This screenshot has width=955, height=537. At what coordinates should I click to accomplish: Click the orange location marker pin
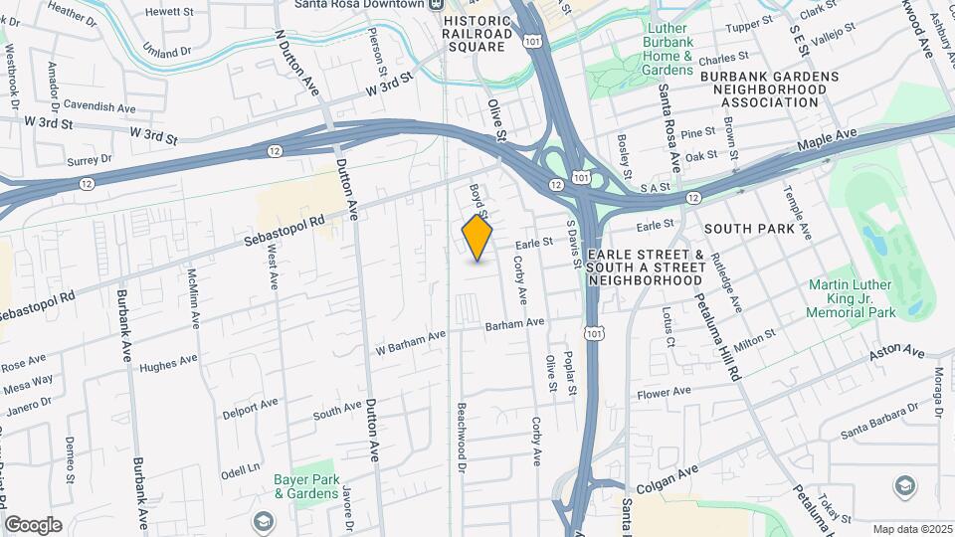coord(477,238)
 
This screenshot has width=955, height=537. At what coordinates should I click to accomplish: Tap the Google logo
coord(33,525)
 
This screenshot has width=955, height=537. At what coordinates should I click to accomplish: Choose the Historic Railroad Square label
coord(477,33)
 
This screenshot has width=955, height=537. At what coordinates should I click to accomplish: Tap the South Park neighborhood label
coord(749,229)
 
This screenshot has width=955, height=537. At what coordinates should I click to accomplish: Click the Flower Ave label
coord(664,393)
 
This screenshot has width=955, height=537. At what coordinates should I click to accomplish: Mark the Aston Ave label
coord(897,353)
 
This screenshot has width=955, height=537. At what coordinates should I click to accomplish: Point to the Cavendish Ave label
coord(99,104)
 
